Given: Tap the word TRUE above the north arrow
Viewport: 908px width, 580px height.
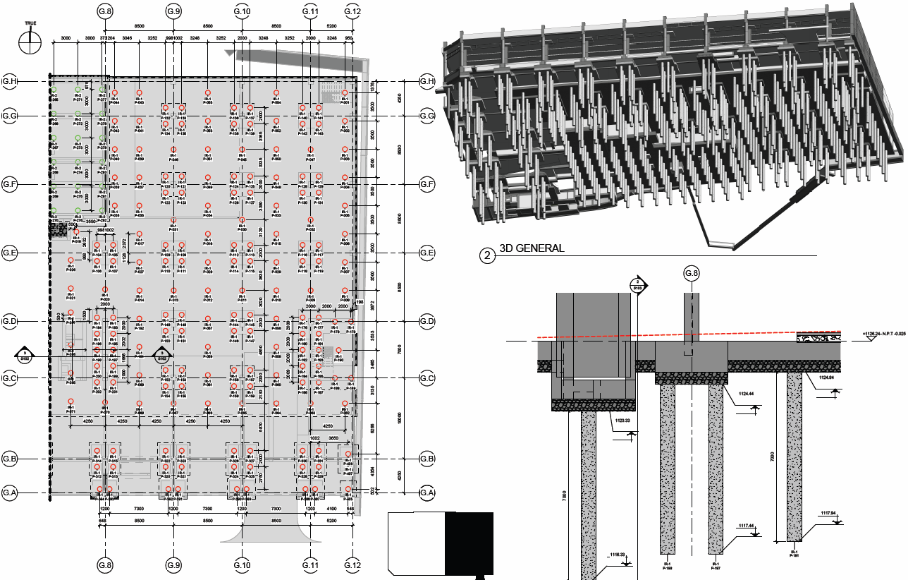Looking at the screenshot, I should (x=30, y=23).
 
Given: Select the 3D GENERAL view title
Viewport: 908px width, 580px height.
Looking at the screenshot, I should (x=532, y=248).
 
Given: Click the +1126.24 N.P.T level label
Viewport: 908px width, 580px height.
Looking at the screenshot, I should (x=884, y=337).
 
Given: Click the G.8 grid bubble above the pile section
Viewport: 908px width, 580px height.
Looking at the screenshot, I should (x=692, y=273).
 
